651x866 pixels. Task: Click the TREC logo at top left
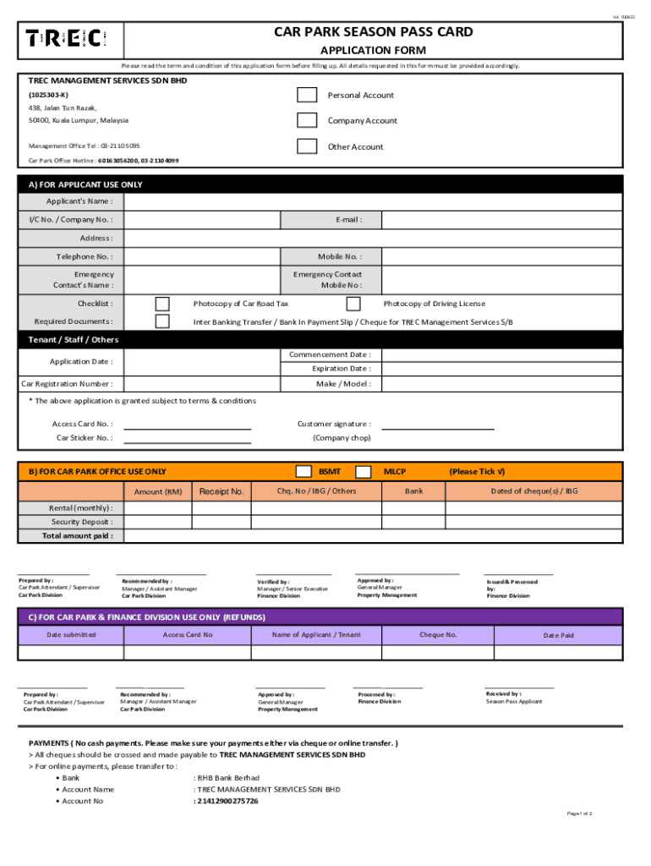pyautogui.click(x=65, y=38)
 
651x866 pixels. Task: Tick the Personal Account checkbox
pyautogui.click(x=307, y=96)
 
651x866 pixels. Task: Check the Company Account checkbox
pyautogui.click(x=307, y=121)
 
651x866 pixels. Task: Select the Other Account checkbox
pyautogui.click(x=307, y=146)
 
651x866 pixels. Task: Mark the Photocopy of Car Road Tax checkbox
pyautogui.click(x=162, y=304)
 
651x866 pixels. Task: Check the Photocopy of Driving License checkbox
pyautogui.click(x=353, y=304)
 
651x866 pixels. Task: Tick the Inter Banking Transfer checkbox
pyautogui.click(x=162, y=321)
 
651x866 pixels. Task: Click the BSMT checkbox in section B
pyautogui.click(x=303, y=471)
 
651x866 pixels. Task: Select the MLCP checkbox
pyautogui.click(x=363, y=471)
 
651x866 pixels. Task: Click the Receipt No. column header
pyautogui.click(x=222, y=491)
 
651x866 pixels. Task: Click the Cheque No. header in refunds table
pyautogui.click(x=439, y=634)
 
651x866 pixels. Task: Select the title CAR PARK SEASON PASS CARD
pyautogui.click(x=373, y=32)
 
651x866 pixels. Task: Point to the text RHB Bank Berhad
pyautogui.click(x=229, y=777)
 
